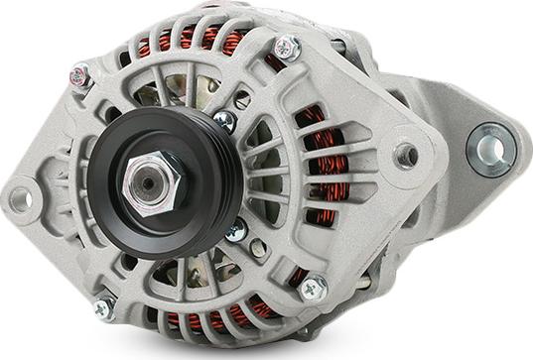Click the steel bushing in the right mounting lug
[490, 149]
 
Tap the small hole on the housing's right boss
[405, 155]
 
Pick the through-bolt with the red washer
[80, 75]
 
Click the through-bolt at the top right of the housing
[287, 47]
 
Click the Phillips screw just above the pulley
[225, 121]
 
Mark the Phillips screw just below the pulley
[235, 230]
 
